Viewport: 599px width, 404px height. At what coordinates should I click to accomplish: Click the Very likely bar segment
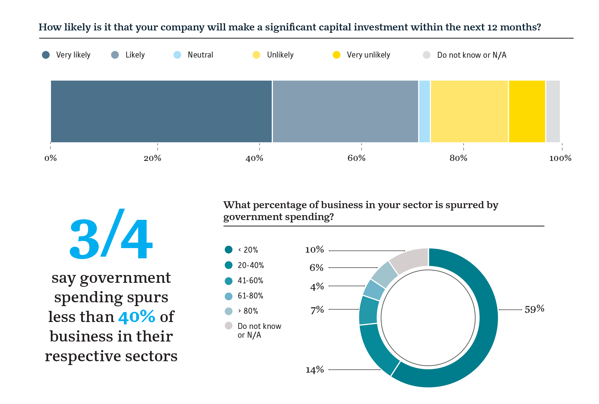[x=161, y=111]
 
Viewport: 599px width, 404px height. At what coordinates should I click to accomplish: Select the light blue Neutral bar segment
[x=424, y=111]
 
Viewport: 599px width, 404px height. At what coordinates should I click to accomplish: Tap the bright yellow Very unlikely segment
[x=527, y=111]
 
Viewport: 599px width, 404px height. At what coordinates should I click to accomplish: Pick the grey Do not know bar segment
[x=553, y=111]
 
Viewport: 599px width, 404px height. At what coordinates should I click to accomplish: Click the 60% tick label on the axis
[x=356, y=158]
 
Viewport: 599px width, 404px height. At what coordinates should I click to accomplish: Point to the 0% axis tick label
[x=51, y=158]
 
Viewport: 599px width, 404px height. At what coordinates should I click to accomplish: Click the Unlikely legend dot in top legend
[x=256, y=55]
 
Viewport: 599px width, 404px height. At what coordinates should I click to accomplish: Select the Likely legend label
[x=135, y=55]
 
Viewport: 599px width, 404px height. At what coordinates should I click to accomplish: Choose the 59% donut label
[x=534, y=309]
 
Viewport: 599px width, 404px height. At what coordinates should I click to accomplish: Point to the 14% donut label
[x=314, y=370]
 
